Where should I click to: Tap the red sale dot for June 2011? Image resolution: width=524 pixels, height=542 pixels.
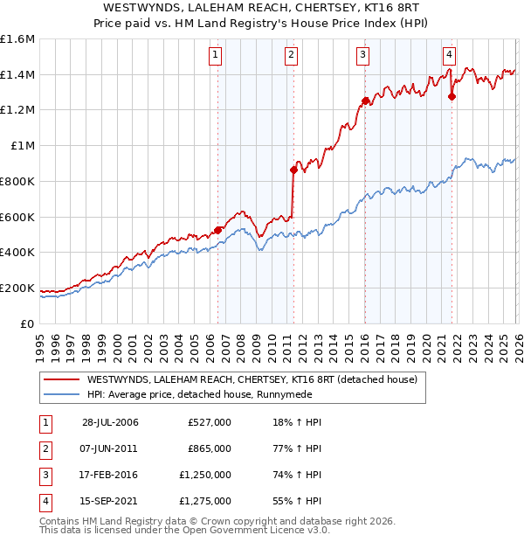pyautogui.click(x=293, y=170)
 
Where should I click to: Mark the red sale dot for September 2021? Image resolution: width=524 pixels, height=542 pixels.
pyautogui.click(x=452, y=97)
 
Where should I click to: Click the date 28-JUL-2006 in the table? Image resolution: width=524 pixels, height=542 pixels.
pyautogui.click(x=110, y=422)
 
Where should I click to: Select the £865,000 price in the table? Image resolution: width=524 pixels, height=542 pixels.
pyautogui.click(x=210, y=448)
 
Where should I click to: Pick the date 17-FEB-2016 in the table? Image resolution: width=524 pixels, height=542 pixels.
pyautogui.click(x=110, y=475)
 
